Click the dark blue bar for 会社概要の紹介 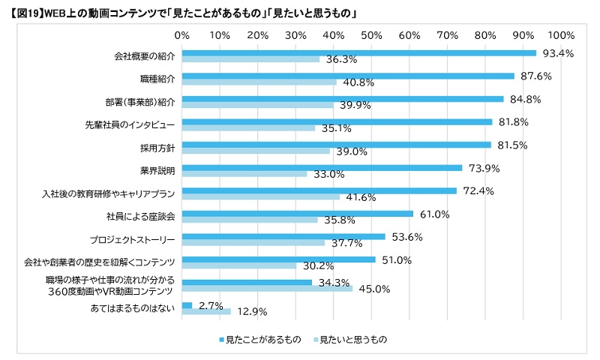359,53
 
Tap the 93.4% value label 558,53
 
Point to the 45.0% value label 373,289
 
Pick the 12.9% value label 251,311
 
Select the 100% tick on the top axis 561,34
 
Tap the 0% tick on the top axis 181,34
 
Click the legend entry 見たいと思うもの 352,340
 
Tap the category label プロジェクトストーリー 132,240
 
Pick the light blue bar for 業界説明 244,174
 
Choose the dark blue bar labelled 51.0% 278,259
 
